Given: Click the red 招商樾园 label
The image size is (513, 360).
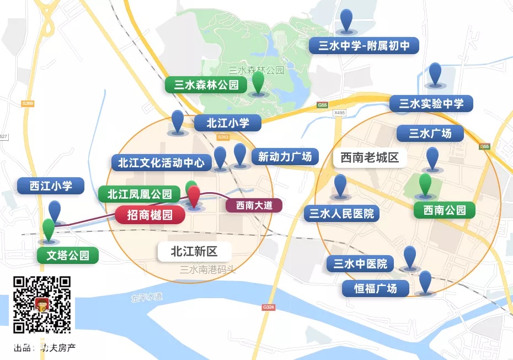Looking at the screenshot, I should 150,214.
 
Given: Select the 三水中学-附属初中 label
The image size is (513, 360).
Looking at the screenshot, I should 364,45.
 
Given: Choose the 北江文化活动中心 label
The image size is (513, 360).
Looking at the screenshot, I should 161,162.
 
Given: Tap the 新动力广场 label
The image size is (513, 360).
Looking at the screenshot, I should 285,156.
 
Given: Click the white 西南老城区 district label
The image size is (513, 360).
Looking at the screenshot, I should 369,158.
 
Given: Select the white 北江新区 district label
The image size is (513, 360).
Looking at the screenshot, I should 194,252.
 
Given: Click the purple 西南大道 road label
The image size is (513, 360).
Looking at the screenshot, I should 254,205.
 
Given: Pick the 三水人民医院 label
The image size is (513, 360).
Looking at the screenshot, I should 341,213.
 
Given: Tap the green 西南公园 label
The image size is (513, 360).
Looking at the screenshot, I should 445,210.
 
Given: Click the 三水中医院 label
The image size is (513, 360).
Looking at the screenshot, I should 360,263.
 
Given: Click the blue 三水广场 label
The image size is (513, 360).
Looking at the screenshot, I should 430,133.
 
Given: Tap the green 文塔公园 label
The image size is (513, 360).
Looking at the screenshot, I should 68,255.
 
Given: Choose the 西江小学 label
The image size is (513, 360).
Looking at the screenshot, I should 51,186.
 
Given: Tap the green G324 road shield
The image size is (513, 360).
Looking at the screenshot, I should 269,306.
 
